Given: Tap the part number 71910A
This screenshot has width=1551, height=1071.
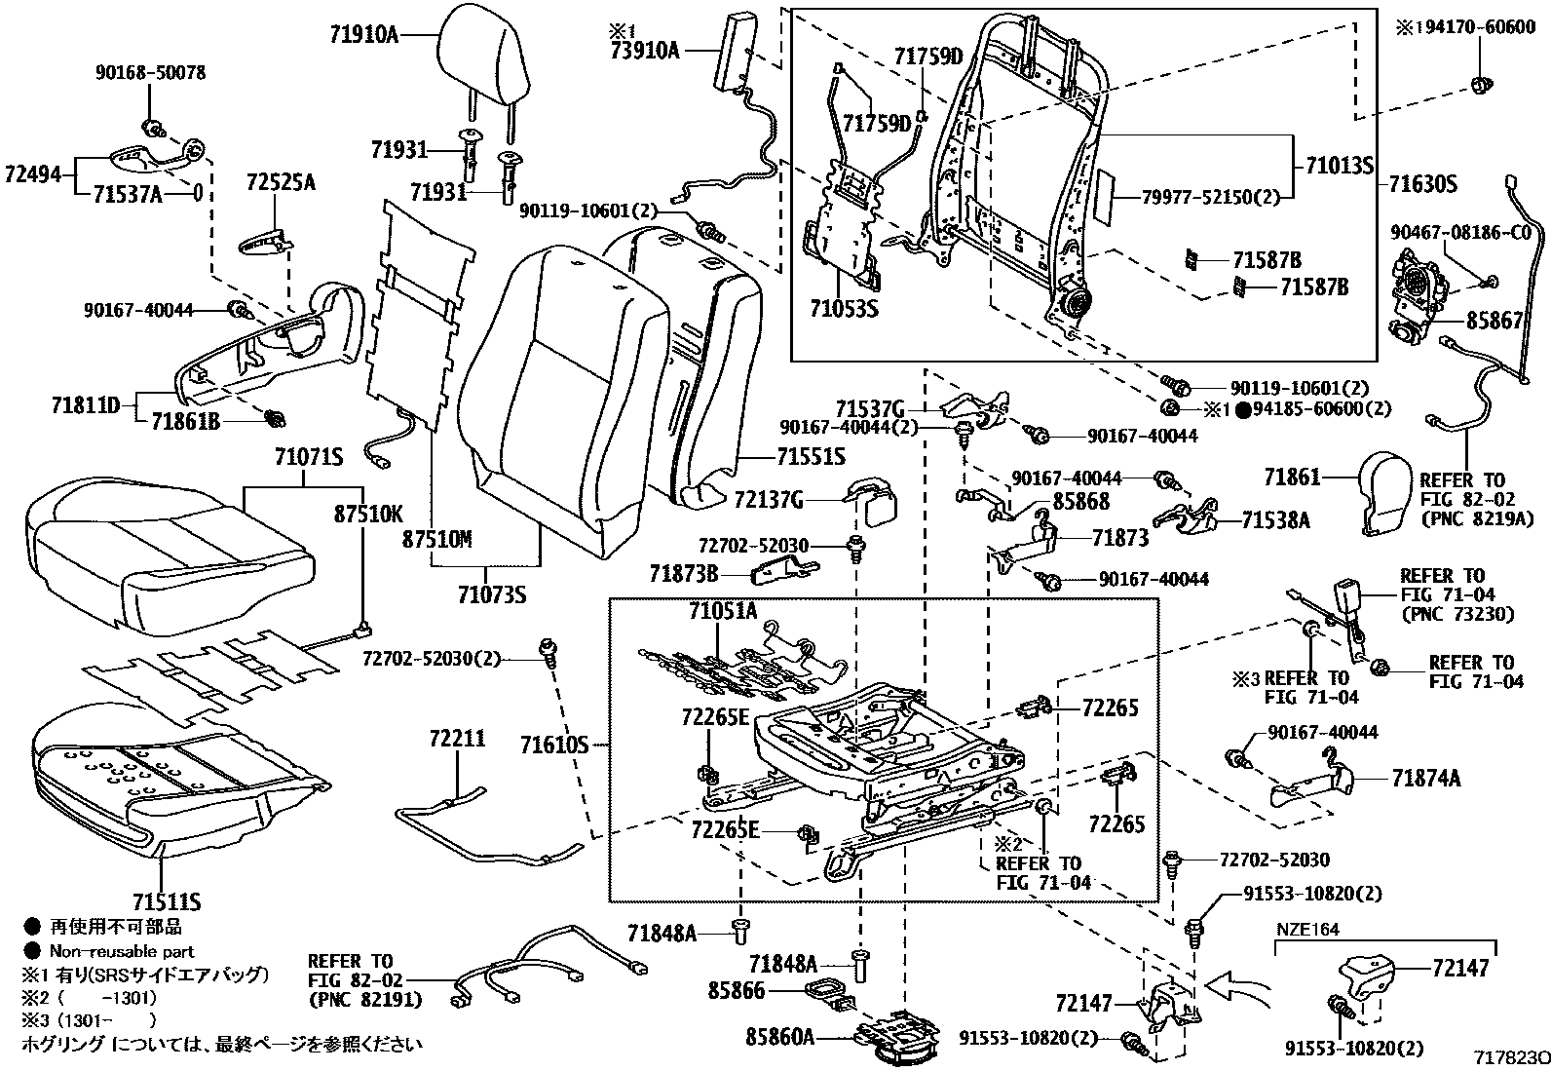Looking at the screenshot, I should coord(363,36).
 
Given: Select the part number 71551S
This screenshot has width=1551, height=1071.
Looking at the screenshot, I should coord(811,456).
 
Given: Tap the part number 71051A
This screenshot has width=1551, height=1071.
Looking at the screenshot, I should coord(722,612).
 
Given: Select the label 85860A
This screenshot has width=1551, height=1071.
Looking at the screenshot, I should coord(780,1037).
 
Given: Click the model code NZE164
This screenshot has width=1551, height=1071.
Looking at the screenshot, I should coord(1307,930).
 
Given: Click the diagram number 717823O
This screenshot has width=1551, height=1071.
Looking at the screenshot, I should coord(1511,1058).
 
